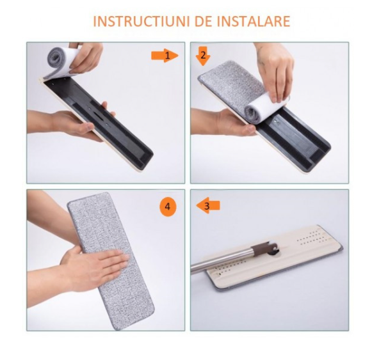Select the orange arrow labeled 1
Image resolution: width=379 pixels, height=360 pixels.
tap(164, 56)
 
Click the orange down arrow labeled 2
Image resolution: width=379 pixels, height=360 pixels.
tap(202, 56)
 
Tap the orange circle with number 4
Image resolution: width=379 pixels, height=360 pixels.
tap(167, 207)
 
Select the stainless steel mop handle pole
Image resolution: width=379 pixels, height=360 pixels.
tap(218, 261)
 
